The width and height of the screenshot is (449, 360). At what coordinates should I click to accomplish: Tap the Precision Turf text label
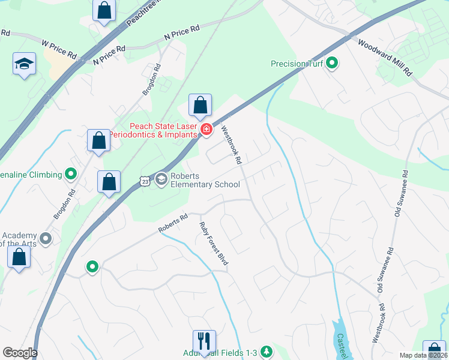(297, 64)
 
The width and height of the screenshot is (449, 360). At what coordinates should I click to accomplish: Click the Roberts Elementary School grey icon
(161, 179)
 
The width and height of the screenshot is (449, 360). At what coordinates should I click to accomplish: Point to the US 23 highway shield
(144, 180)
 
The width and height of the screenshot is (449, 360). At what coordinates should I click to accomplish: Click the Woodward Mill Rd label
(385, 57)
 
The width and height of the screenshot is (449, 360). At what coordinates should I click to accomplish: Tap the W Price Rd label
(59, 49)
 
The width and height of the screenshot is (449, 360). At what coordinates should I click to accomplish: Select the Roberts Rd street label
(173, 223)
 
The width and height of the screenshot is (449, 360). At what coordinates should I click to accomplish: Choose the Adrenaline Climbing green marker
(71, 175)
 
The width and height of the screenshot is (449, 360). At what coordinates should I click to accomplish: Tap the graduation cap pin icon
(24, 64)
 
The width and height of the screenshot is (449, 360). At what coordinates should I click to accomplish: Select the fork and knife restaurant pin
(204, 341)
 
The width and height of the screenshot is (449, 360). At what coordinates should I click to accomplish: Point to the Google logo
(20, 353)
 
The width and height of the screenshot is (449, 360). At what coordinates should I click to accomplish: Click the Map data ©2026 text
(423, 355)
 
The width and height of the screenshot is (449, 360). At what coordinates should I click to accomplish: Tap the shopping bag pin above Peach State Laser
(200, 106)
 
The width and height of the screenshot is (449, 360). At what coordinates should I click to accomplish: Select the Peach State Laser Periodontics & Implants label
(164, 130)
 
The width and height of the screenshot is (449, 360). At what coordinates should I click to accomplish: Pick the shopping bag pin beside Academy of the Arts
(19, 257)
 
